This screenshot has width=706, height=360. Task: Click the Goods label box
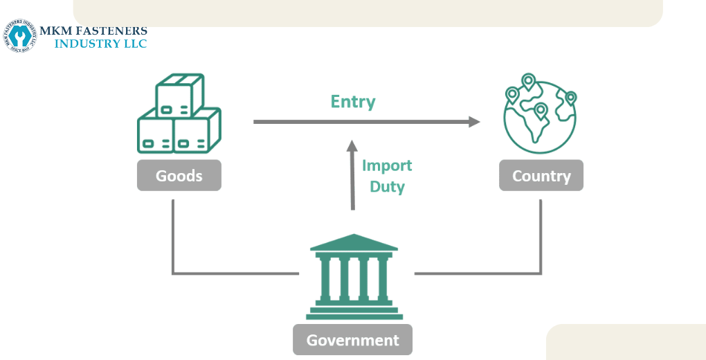click(x=179, y=176)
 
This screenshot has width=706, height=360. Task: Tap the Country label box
click(x=541, y=176)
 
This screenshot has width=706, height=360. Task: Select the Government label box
click(x=352, y=340)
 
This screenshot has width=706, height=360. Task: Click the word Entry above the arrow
click(x=353, y=102)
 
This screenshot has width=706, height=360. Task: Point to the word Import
click(x=387, y=165)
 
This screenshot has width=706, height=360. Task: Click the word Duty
click(x=387, y=186)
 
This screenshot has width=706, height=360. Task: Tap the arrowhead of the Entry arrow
click(x=474, y=122)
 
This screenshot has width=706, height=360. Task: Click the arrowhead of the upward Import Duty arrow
click(x=352, y=145)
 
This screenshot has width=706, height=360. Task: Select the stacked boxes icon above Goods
click(x=179, y=114)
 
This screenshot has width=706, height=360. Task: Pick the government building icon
click(x=354, y=277)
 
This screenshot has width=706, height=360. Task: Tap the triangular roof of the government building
click(x=354, y=242)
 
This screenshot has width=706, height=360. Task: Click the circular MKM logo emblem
click(x=19, y=35)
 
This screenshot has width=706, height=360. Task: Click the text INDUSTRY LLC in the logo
click(x=100, y=44)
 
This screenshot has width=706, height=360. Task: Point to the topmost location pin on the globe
click(x=529, y=82)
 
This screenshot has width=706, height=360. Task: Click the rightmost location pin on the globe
click(x=570, y=98)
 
